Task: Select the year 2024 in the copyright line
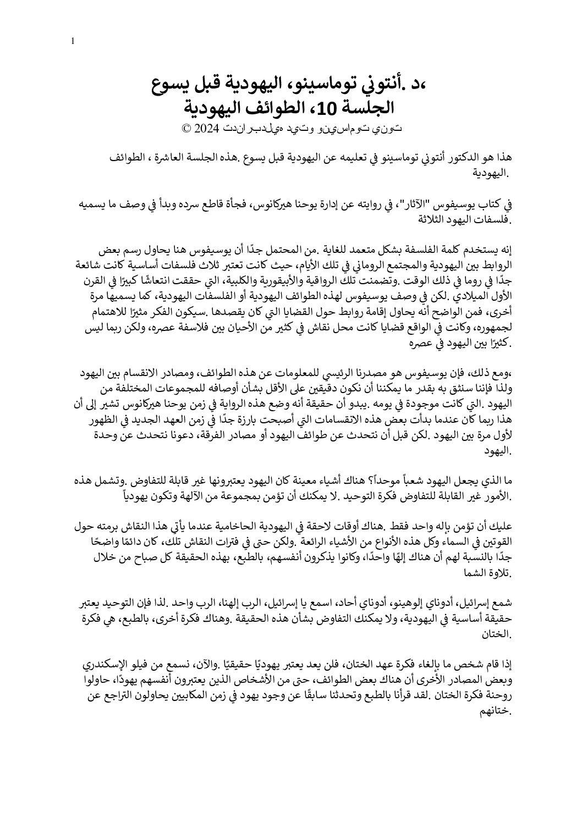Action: (x=206, y=129)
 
